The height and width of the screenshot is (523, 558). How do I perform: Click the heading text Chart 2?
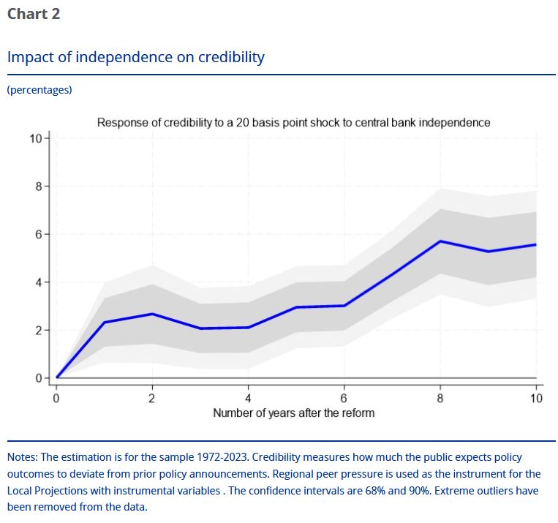coord(33,14)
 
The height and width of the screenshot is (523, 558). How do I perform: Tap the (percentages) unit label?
coord(39,90)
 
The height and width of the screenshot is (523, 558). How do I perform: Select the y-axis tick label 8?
coord(39,187)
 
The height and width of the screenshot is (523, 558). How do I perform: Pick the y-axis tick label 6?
coord(39,234)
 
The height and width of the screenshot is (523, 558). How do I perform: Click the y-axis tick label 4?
coord(39,282)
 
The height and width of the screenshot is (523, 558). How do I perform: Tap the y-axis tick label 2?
coord(39,331)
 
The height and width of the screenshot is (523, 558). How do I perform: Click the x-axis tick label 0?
coord(56,398)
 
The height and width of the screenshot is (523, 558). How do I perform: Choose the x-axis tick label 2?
coord(152,398)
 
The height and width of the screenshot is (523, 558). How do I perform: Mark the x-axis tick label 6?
coord(344,398)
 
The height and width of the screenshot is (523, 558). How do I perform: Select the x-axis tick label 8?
coord(440,398)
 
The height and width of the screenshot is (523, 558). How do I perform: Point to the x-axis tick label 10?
coord(536,398)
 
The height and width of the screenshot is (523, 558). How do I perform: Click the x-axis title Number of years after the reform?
coord(293,413)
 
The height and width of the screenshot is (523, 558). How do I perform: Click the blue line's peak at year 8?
coord(440,241)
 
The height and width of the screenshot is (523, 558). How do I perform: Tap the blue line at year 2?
coord(152,314)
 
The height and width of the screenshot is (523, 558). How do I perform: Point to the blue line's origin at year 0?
coord(56,377)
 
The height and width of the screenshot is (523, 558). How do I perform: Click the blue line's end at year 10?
coord(535,244)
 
